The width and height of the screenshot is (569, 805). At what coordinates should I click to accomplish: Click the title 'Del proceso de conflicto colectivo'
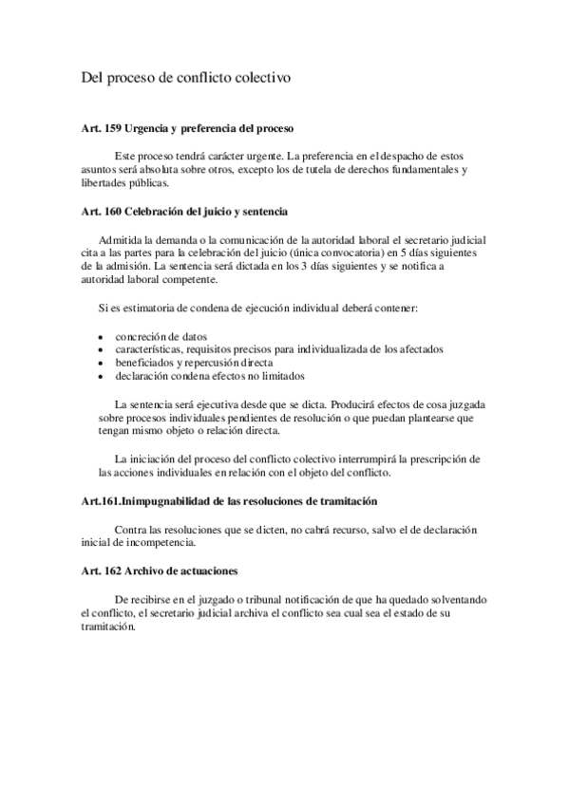coord(185,80)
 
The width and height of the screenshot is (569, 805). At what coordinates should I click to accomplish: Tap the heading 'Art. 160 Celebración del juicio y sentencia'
coord(184,211)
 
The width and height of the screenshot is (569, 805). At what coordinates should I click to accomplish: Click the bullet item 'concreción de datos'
coord(161,336)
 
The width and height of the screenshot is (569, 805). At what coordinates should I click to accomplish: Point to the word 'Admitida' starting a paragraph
coord(123,238)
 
